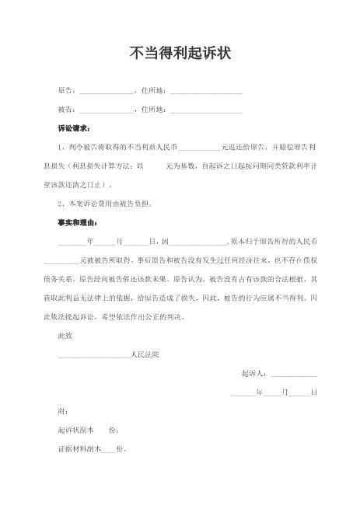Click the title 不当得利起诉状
pyautogui.click(x=180, y=53)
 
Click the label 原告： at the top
pyautogui.click(x=68, y=92)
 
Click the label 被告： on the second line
pyautogui.click(x=68, y=110)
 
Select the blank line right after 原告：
pyautogui.click(x=106, y=93)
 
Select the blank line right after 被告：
pyautogui.click(x=106, y=111)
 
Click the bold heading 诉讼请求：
pyautogui.click(x=74, y=127)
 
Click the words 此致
pyautogui.click(x=65, y=336)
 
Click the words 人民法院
pyautogui.click(x=145, y=354)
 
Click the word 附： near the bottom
pyautogui.click(x=63, y=410)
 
